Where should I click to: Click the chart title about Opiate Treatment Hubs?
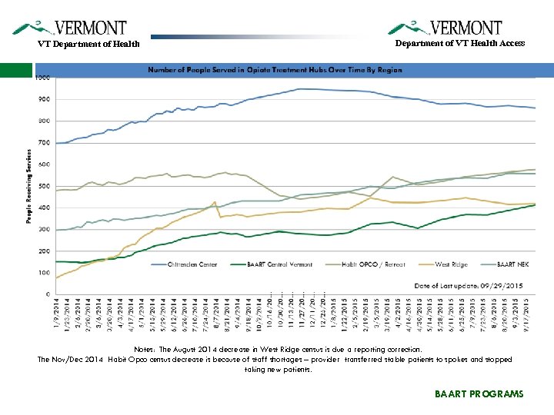275,70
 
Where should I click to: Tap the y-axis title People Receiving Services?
29,186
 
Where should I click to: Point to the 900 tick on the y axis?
43,99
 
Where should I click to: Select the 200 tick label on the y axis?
43,251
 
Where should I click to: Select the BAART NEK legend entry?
509,264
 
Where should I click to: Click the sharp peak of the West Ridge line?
214,202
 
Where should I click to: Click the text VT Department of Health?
89,44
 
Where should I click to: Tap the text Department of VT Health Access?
460,43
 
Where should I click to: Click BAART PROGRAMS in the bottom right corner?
479,393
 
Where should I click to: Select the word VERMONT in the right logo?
466,28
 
